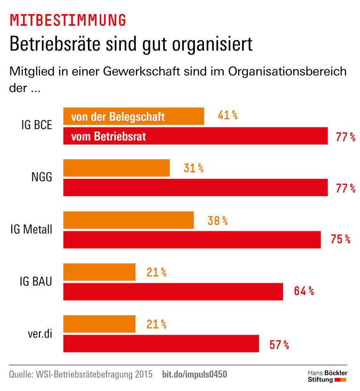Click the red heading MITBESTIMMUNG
pos(67,20)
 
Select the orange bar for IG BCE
pos(134,116)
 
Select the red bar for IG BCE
pos(195,136)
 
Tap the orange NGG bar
pos(116,168)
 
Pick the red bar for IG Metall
pos(192,239)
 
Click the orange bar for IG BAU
pos(99,272)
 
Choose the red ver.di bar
pos(161,344)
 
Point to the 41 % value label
pos(227,115)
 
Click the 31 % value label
pos(194,168)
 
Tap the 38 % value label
pos(217,221)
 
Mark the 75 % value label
pos(340,239)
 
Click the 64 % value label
pos(304,291)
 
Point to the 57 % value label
pos(279,345)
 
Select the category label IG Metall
pos(31,230)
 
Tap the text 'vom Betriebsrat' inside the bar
pos(108,137)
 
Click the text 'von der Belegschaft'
pos(118,116)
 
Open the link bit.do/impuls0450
pos(195,375)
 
